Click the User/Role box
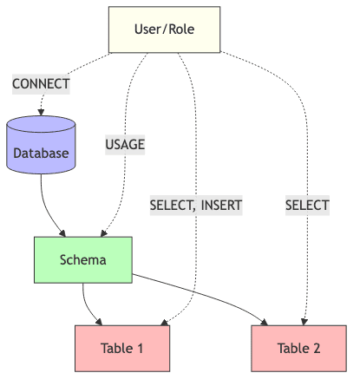click(164, 29)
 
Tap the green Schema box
click(82, 259)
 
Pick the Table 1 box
click(121, 349)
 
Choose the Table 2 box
click(299, 349)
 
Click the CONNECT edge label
click(41, 84)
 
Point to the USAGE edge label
click(125, 145)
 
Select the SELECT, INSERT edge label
click(195, 206)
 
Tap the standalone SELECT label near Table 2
click(307, 206)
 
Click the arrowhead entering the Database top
click(41, 112)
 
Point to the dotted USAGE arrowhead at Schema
click(104, 232)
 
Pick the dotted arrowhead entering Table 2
click(306, 322)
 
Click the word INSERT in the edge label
click(219, 206)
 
